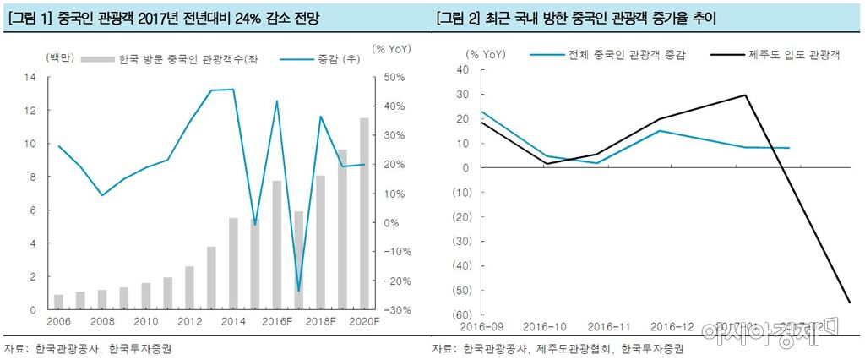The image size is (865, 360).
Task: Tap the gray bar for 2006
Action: point(58,302)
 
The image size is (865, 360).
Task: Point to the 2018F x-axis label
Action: point(320,322)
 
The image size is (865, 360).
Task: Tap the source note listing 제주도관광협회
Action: point(557,348)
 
